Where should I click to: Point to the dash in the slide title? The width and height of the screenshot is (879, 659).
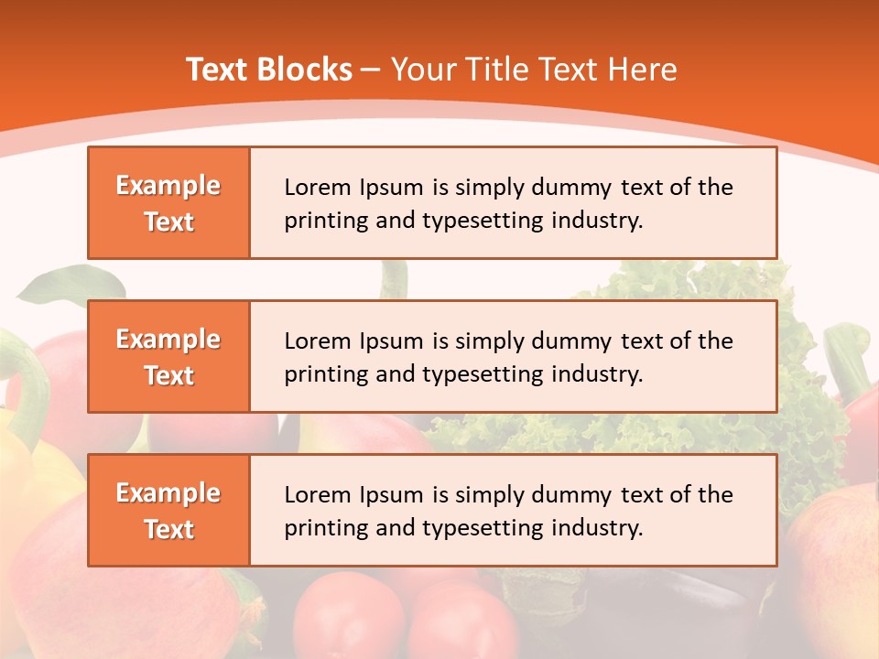pyautogui.click(x=371, y=70)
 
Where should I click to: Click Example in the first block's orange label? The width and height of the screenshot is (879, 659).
pyautogui.click(x=168, y=186)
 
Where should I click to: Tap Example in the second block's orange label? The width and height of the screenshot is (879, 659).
pyautogui.click(x=168, y=340)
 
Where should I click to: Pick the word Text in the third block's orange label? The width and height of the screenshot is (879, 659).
pyautogui.click(x=169, y=529)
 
